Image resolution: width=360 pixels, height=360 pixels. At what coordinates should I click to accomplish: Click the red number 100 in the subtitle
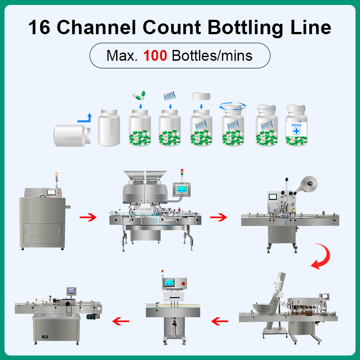[x=155, y=55]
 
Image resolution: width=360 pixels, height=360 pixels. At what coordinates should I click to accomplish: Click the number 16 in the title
[x=39, y=28]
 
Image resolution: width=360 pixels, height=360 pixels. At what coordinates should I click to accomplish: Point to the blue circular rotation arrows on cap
[x=233, y=106]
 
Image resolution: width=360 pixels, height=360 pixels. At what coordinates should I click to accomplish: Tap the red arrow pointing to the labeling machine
[x=120, y=321]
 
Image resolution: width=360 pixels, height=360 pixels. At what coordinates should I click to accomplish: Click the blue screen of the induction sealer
[x=169, y=283]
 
